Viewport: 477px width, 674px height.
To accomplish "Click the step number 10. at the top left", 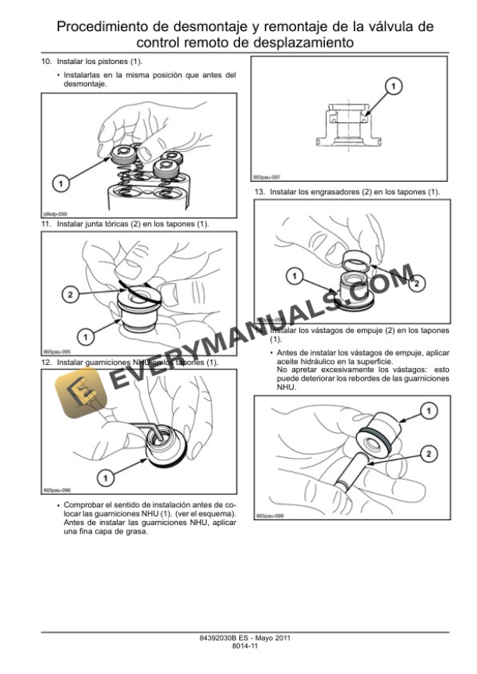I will (x=46, y=61).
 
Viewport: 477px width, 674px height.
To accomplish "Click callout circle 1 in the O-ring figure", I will (x=86, y=336).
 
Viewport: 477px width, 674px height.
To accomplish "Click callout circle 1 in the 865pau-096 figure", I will (x=106, y=472).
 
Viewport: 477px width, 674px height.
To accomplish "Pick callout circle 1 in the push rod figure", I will (x=428, y=410).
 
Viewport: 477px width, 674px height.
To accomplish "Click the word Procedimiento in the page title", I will (x=106, y=27).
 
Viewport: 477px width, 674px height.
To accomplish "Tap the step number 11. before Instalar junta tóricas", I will (x=46, y=225).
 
